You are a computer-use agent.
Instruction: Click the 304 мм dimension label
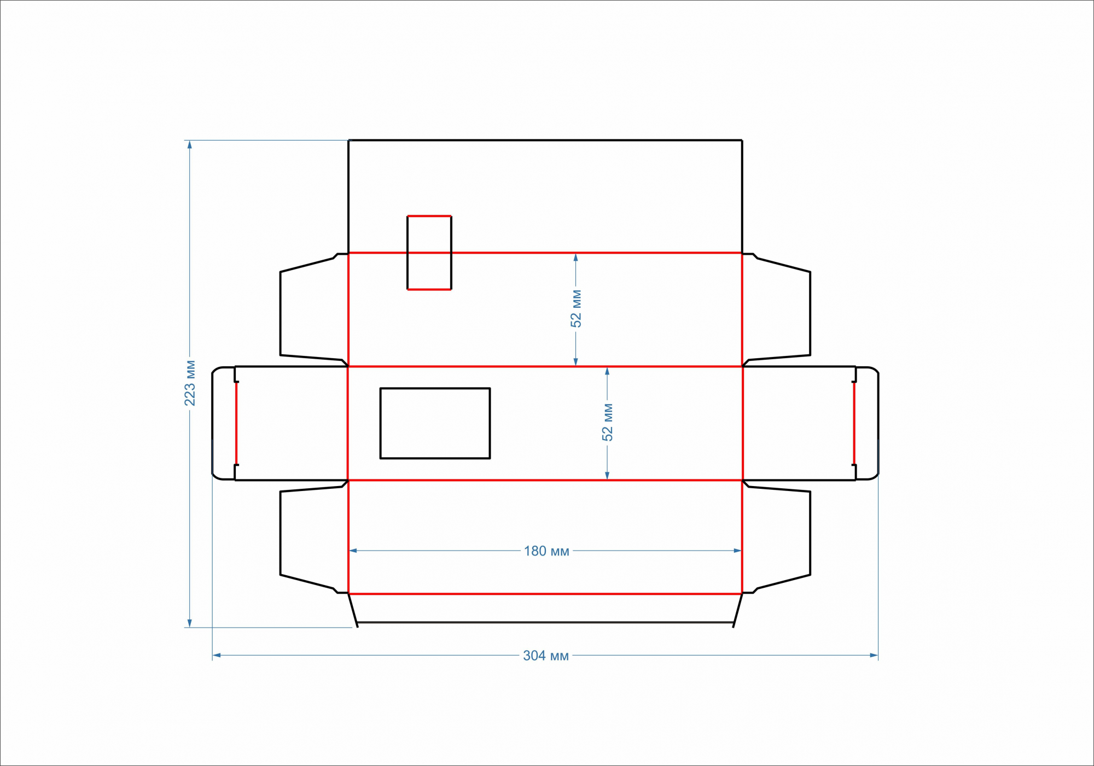click(x=546, y=655)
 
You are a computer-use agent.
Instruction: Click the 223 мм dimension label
click(x=190, y=383)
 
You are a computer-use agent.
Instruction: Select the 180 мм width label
click(x=546, y=551)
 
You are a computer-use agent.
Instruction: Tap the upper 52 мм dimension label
click(x=576, y=308)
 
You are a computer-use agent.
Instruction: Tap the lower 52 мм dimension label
click(x=607, y=422)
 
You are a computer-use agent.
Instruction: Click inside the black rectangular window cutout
click(x=435, y=423)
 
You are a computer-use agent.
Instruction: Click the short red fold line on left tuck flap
click(x=236, y=423)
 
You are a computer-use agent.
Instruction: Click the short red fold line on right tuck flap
click(x=854, y=423)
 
